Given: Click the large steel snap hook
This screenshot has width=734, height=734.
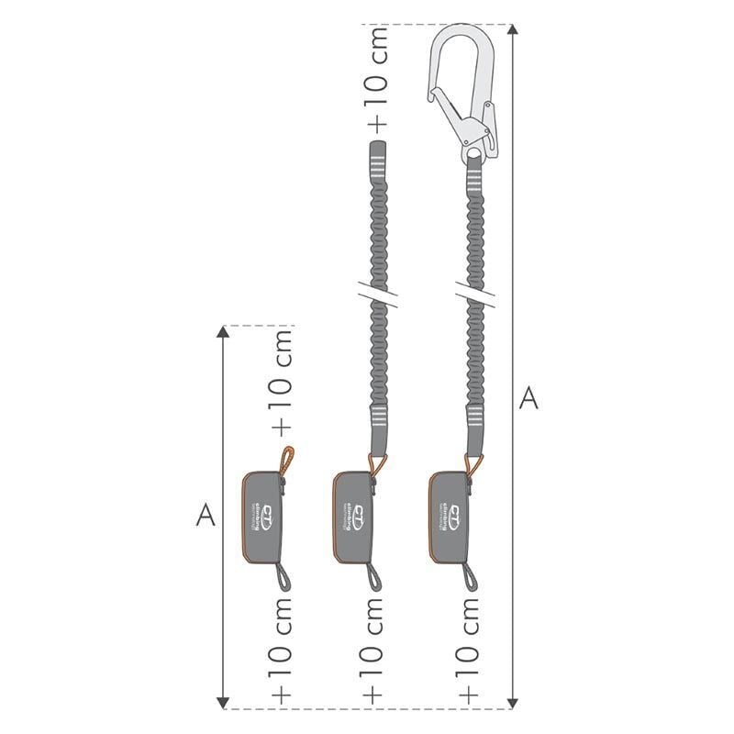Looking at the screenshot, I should pyautogui.click(x=464, y=87).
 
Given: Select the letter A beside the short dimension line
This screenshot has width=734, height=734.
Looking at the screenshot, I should pyautogui.click(x=206, y=517).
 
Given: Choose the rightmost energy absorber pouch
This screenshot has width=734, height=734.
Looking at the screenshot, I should pyautogui.click(x=450, y=516).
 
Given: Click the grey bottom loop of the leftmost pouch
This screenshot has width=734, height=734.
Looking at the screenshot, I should pyautogui.click(x=281, y=577).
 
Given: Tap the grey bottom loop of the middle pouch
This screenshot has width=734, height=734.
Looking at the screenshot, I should pyautogui.click(x=374, y=577).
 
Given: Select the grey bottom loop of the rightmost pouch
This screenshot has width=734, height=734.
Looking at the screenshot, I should pyautogui.click(x=469, y=577).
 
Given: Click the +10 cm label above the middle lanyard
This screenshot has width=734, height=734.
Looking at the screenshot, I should pyautogui.click(x=376, y=78).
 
